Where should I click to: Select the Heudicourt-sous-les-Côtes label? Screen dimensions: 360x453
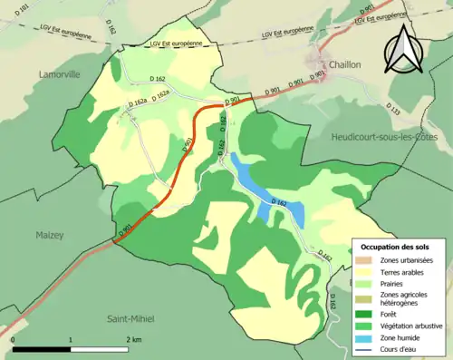tap(385, 134)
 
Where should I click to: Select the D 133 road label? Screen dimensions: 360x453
tap(394, 109)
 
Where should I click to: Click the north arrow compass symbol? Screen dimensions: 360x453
tap(404, 50)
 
